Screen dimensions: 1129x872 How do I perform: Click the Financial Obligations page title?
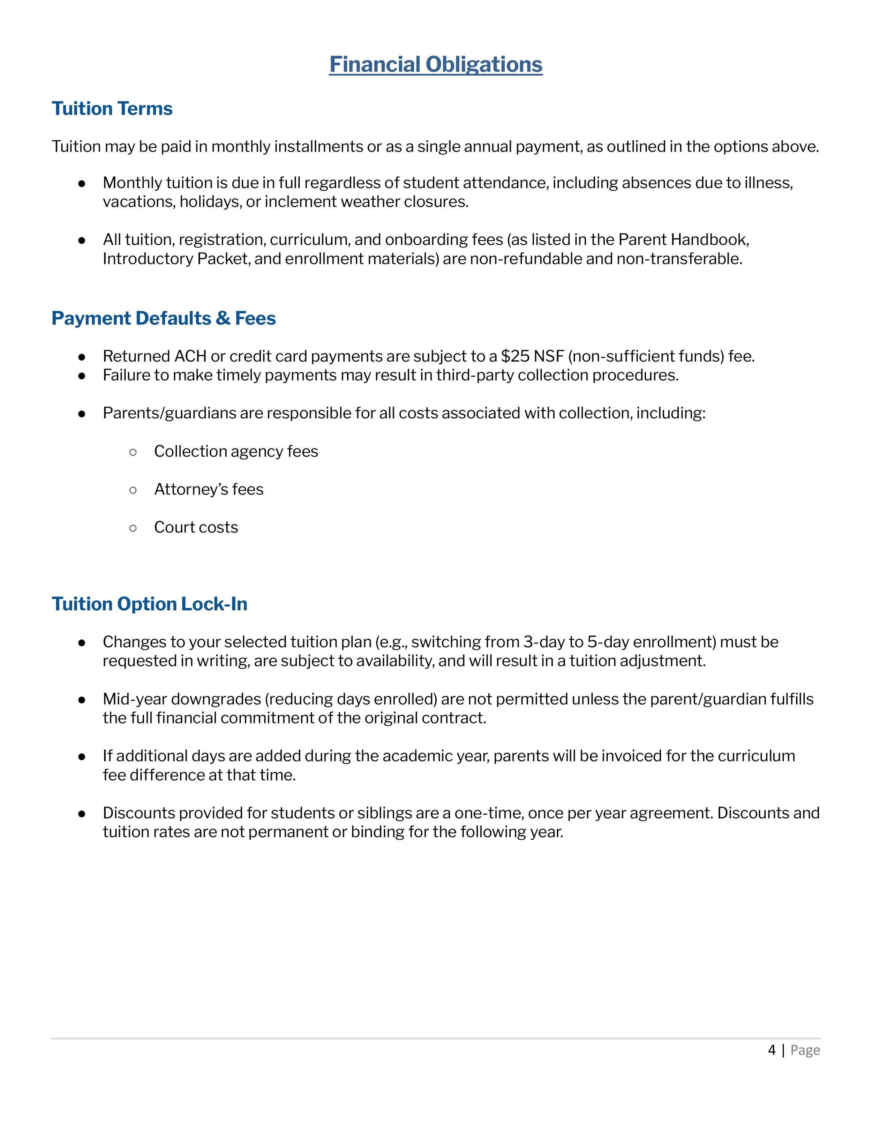click(436, 65)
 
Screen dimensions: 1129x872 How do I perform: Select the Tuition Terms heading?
click(112, 109)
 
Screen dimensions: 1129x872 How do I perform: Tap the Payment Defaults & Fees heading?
click(163, 318)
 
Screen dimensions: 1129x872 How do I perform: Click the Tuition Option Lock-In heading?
click(149, 604)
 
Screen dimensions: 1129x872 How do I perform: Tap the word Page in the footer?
click(805, 1050)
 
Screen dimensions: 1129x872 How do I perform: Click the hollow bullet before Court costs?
click(133, 528)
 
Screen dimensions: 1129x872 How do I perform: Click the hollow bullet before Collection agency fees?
click(133, 452)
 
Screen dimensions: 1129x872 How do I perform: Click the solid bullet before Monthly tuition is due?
click(82, 183)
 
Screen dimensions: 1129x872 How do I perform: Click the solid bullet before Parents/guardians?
click(82, 414)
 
